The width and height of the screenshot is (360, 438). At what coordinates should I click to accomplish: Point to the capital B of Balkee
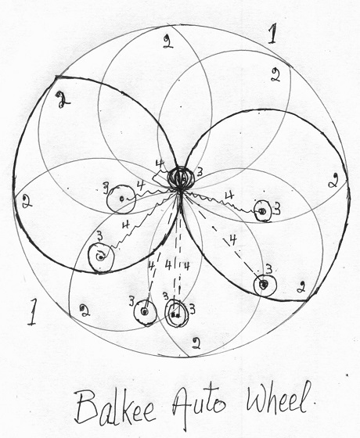[x=86, y=407]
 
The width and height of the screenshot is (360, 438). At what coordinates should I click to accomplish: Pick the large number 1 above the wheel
[x=272, y=34]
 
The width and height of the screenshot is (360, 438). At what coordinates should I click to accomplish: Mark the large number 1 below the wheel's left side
[x=32, y=311]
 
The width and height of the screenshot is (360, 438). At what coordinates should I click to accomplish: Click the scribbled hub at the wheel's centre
[x=181, y=178]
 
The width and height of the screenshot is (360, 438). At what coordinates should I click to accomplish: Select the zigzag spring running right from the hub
[x=221, y=201]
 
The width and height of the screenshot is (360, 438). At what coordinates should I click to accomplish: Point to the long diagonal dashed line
[x=221, y=238]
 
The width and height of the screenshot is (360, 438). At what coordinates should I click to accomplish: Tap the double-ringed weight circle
[x=176, y=314]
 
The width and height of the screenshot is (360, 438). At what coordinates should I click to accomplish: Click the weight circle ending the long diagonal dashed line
[x=265, y=285]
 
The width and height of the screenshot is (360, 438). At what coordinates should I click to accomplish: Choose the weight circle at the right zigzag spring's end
[x=263, y=211]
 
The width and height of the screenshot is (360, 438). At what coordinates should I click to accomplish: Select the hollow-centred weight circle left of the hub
[x=121, y=199]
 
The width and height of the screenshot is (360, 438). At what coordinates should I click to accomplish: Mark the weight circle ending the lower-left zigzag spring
[x=101, y=257]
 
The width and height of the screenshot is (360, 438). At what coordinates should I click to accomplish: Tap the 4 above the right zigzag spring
[x=229, y=196]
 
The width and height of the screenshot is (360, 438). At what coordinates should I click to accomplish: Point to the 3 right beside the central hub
[x=200, y=173]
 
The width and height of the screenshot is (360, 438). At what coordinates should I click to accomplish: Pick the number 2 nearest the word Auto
[x=196, y=343]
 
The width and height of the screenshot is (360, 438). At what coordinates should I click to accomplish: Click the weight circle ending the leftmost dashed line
[x=145, y=312]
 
